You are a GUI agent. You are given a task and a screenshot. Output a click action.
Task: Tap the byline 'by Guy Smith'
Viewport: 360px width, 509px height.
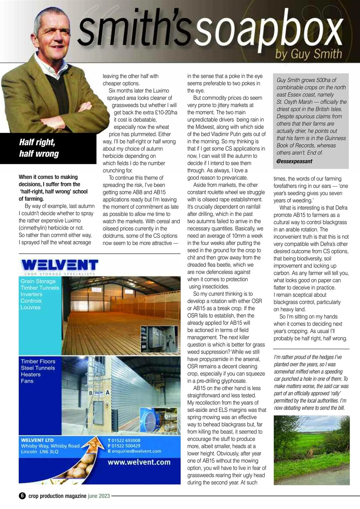308,54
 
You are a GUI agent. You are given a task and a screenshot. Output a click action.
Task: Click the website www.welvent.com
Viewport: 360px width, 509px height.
139,462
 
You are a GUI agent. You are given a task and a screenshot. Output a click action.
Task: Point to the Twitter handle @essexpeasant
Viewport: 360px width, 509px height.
294,161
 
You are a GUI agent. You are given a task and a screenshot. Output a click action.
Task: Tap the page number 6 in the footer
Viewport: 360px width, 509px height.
22,496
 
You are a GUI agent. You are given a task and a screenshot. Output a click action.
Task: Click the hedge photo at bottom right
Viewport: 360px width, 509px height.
312,450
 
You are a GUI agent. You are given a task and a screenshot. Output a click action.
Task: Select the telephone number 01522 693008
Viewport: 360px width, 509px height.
126,441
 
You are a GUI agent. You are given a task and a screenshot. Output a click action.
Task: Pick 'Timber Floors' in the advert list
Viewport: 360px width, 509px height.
38,361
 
